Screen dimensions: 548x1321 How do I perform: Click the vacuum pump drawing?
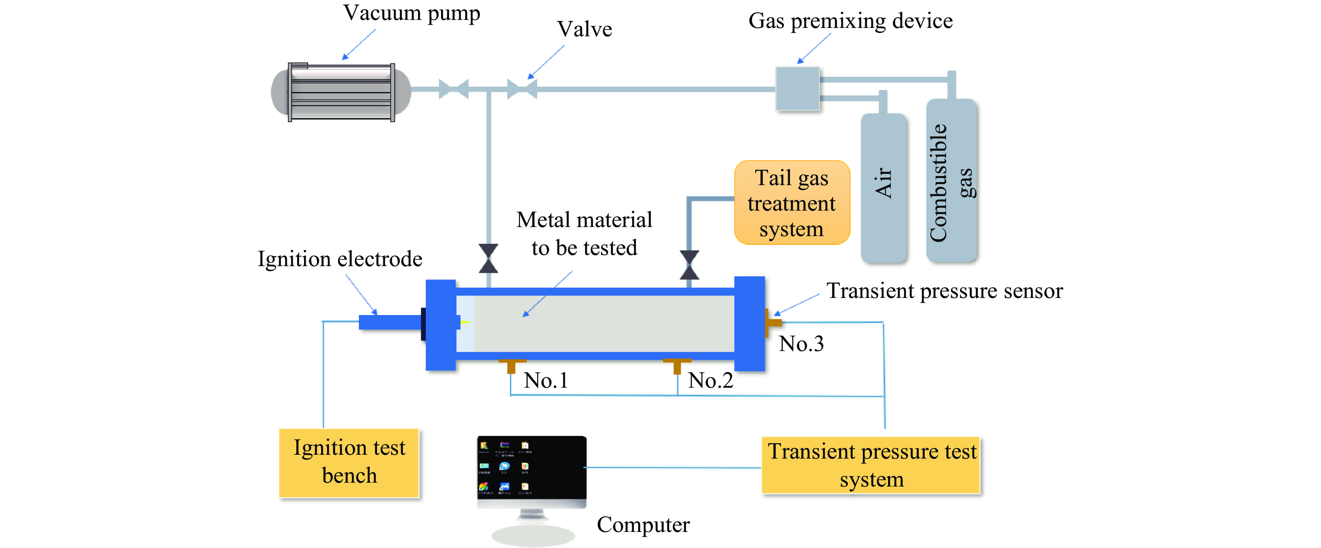341,92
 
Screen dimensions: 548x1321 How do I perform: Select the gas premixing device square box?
797,89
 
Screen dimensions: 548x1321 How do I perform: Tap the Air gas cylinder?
883,187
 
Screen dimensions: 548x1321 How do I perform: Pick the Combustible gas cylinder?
951,181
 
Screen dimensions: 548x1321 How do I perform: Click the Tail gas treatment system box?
792,203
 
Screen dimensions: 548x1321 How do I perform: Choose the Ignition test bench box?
349,462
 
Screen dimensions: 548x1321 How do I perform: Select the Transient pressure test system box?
871,465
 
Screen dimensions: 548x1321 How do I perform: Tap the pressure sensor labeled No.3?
773,322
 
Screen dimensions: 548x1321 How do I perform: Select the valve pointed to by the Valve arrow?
522,89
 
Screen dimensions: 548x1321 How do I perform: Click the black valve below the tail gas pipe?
689,265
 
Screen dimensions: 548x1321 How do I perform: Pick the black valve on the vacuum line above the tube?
488,258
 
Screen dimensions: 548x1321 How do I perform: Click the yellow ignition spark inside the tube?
465,322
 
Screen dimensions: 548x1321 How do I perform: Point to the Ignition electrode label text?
339,259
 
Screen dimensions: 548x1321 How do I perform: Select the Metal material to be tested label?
584,234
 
